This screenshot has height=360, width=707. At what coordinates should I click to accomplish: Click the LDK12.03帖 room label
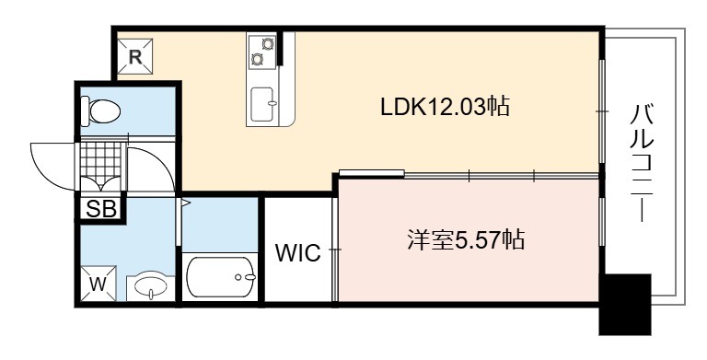click(445, 108)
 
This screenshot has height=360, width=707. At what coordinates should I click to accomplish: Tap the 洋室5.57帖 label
click(465, 239)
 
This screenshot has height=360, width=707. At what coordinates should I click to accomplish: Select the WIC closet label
click(298, 252)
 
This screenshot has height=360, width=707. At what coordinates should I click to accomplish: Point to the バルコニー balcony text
click(641, 163)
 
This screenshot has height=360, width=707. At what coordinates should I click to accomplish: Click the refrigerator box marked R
click(135, 56)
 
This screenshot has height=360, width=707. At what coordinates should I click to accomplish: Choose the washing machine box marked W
click(99, 284)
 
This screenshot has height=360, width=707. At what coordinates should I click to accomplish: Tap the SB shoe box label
click(101, 209)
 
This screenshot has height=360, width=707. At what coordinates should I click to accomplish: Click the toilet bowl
click(104, 111)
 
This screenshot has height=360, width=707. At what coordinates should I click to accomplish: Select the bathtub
click(220, 277)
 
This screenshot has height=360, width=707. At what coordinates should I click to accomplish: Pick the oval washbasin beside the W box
click(151, 286)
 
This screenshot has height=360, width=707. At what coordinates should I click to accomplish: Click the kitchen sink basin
click(262, 104)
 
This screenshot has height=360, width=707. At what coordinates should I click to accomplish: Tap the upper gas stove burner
click(268, 44)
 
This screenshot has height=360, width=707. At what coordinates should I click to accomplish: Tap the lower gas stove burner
click(258, 59)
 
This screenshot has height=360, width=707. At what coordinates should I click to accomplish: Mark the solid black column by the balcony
click(625, 304)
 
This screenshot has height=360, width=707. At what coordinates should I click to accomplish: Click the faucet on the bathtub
click(246, 277)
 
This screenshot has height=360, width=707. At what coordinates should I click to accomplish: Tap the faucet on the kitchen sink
click(272, 103)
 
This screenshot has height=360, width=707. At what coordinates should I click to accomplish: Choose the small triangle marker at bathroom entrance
click(185, 203)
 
